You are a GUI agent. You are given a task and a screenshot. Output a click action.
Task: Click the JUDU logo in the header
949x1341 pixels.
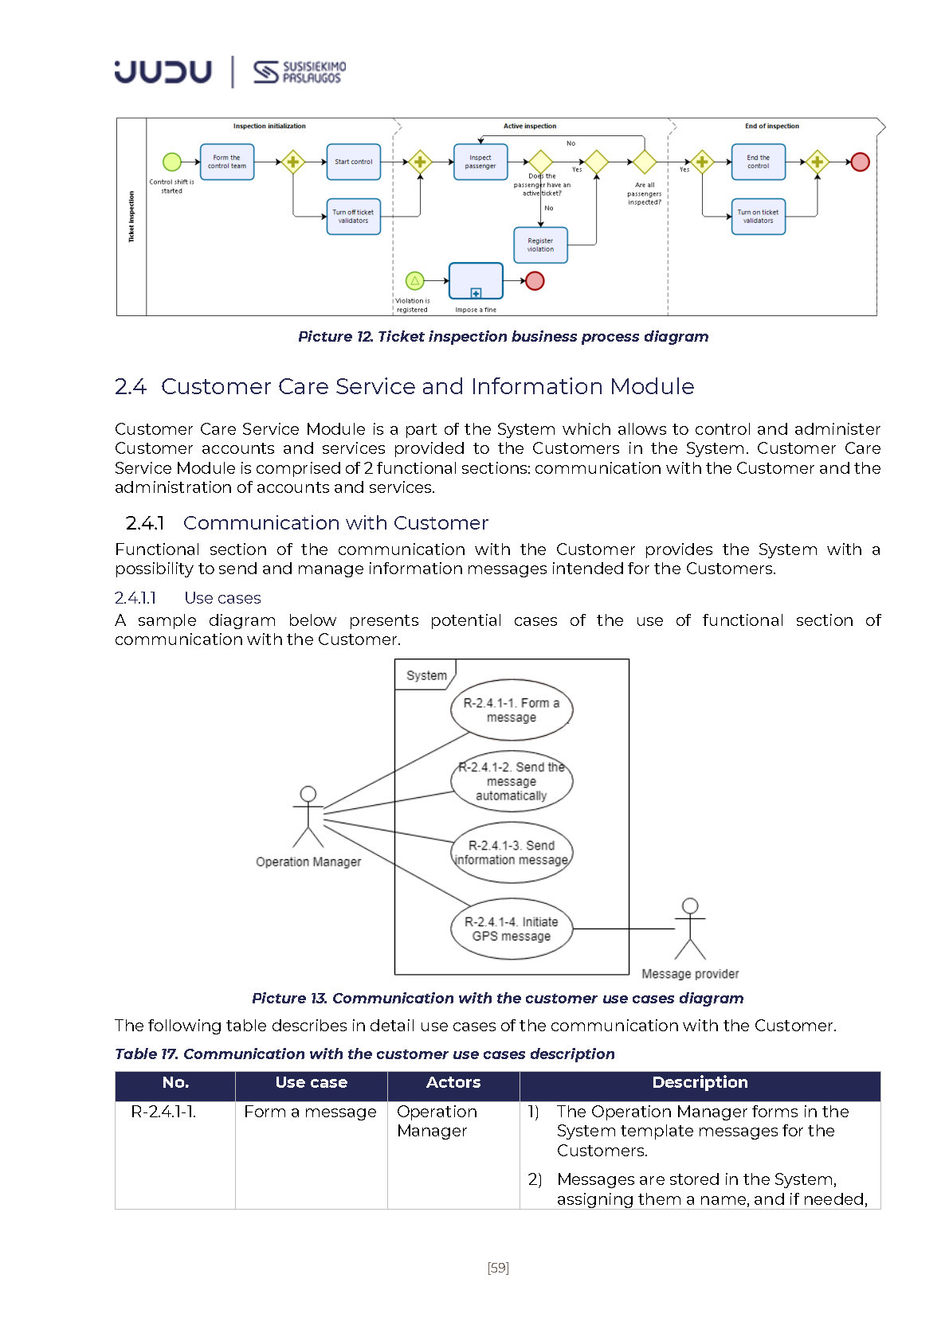pyautogui.click(x=163, y=72)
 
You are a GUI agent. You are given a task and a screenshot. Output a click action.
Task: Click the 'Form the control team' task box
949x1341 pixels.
pyautogui.click(x=227, y=162)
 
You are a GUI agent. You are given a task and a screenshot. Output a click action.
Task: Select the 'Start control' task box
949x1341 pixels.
pyautogui.click(x=353, y=162)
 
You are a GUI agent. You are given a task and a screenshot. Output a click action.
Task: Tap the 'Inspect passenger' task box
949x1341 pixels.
pyautogui.click(x=480, y=162)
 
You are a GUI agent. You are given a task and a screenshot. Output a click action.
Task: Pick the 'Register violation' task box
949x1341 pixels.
pyautogui.click(x=540, y=245)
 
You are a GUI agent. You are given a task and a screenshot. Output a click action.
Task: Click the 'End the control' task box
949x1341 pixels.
pyautogui.click(x=758, y=162)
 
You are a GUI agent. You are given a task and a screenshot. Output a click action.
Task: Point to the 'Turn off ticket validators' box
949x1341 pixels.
pyautogui.click(x=353, y=217)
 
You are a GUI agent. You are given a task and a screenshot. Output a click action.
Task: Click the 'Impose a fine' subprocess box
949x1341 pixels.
pyautogui.click(x=476, y=281)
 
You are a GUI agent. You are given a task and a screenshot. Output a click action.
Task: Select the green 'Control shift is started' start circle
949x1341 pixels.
pyautogui.click(x=172, y=162)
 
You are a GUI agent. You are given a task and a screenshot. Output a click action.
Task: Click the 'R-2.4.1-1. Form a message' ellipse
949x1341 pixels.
pyautogui.click(x=512, y=710)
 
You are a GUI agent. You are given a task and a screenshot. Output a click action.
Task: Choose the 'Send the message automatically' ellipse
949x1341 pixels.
pyautogui.click(x=512, y=781)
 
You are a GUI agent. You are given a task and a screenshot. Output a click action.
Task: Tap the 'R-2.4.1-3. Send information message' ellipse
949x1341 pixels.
pyautogui.click(x=512, y=852)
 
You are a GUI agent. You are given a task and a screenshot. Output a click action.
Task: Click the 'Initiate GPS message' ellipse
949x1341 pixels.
pyautogui.click(x=512, y=929)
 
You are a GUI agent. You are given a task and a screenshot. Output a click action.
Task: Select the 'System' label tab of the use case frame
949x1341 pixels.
pyautogui.click(x=426, y=675)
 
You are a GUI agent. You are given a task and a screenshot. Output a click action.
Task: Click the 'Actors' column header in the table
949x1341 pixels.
pyautogui.click(x=453, y=1082)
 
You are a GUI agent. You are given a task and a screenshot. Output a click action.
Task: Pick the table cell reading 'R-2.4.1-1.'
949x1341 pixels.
pyautogui.click(x=163, y=1112)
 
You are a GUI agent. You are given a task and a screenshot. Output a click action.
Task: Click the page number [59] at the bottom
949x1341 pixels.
pyautogui.click(x=498, y=1268)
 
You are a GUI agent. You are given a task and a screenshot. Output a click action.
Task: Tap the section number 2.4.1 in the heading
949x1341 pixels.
pyautogui.click(x=145, y=523)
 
